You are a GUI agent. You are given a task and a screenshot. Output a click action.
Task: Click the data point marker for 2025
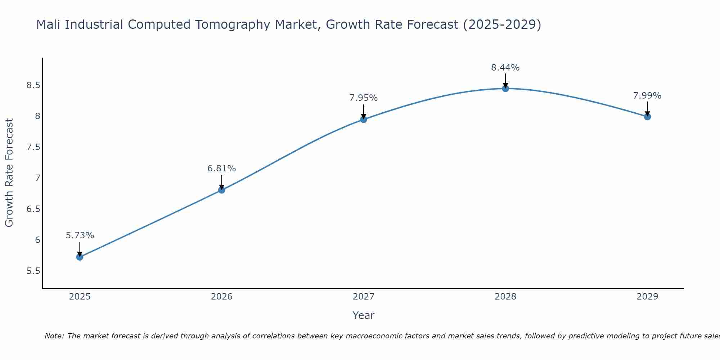(80, 257)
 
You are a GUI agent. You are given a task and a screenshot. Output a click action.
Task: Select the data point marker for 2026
(222, 190)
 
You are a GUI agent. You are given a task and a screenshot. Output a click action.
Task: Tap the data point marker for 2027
(364, 119)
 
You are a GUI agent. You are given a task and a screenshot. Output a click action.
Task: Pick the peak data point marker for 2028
(505, 89)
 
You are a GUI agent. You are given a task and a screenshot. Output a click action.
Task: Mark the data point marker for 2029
(647, 117)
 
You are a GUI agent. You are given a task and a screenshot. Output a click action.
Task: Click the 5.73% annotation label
(80, 235)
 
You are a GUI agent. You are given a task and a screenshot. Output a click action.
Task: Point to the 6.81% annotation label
(222, 168)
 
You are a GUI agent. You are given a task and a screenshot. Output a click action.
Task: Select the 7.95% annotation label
(364, 98)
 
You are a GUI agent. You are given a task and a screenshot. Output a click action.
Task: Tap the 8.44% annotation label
(505, 68)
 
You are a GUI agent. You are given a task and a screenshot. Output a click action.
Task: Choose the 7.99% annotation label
(647, 96)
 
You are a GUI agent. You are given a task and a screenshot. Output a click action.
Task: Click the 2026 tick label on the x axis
(222, 297)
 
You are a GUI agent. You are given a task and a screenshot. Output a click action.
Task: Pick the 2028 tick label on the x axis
(505, 297)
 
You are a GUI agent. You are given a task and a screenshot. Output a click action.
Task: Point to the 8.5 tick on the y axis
(33, 85)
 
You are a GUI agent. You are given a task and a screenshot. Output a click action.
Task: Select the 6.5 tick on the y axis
(33, 209)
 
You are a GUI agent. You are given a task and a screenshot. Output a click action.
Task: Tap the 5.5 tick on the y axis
(33, 271)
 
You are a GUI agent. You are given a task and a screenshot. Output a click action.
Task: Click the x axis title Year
(364, 315)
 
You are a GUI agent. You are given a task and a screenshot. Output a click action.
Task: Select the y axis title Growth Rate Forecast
(9, 173)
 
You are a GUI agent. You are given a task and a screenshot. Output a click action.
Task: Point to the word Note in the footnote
(54, 336)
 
